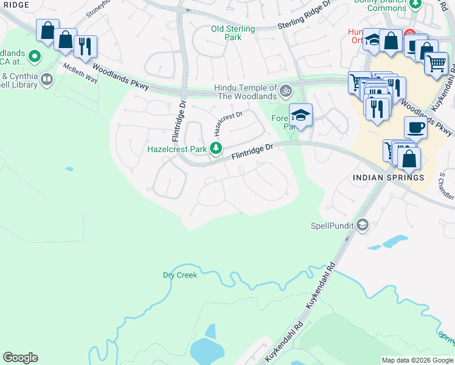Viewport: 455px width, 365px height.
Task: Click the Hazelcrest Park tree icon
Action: point(215,148)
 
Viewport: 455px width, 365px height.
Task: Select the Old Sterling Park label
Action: point(226,33)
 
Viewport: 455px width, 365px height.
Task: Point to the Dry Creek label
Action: point(180,276)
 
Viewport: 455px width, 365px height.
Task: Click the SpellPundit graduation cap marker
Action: point(363,226)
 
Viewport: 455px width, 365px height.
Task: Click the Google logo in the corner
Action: point(20,358)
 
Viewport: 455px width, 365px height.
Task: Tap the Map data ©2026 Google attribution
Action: point(417,360)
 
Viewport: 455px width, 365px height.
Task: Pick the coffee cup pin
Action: point(415,127)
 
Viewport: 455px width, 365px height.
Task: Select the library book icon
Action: point(46,79)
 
